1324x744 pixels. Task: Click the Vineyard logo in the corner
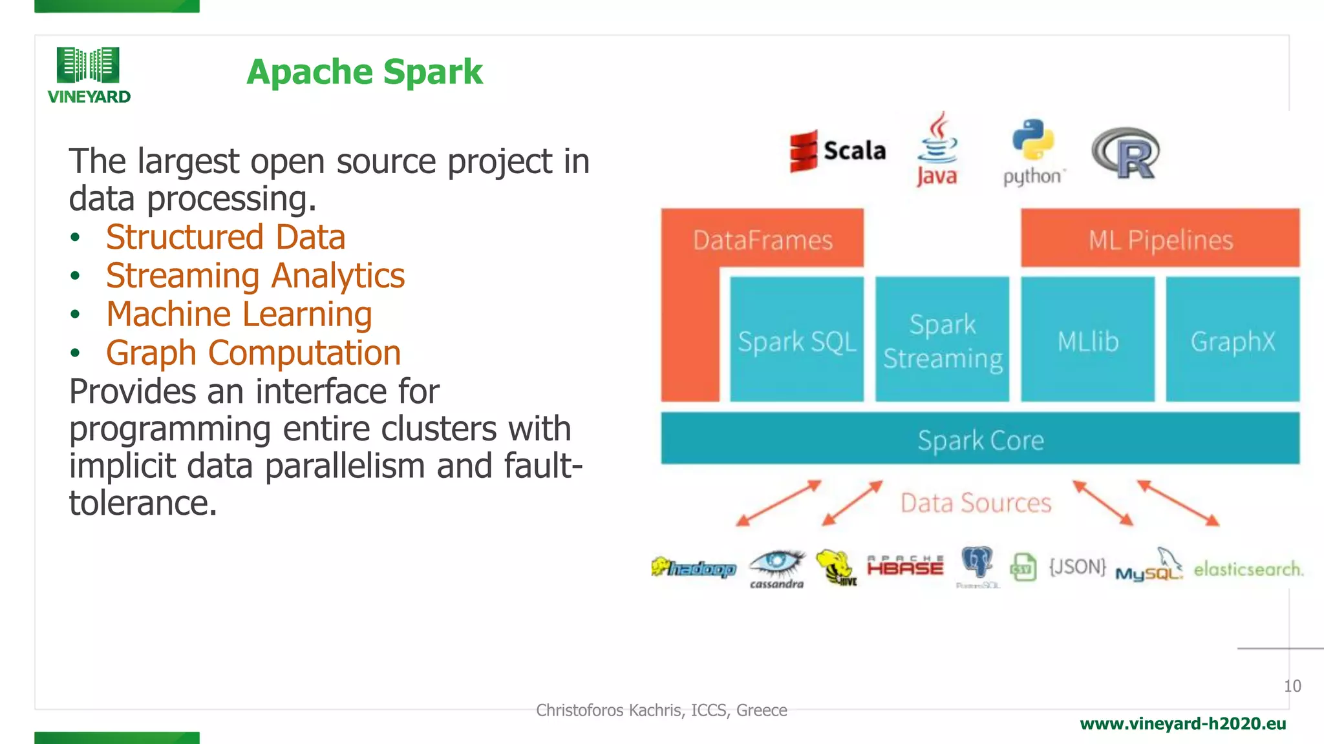[x=89, y=75]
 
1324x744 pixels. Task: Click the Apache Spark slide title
[x=364, y=72]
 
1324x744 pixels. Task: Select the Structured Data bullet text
[x=225, y=237]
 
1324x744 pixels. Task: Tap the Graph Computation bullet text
[x=253, y=353]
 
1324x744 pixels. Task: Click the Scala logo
[x=837, y=151]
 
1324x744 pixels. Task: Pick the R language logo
[x=1126, y=153]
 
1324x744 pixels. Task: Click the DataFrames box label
[x=762, y=240]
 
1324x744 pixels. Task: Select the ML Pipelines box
[x=1160, y=239]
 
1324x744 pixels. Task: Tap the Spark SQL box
[x=796, y=340]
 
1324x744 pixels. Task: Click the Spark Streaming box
[x=942, y=340]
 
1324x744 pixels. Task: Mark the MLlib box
[x=1087, y=340]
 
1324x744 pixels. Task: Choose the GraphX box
[x=1232, y=340]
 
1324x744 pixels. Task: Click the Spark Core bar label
[x=980, y=440]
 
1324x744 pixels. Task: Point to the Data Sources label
[x=976, y=502]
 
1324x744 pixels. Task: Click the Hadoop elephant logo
[x=693, y=568]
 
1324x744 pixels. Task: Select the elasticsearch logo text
[x=1248, y=569]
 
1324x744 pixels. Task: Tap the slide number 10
[x=1292, y=686]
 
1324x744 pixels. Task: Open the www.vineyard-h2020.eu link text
[x=1182, y=724]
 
